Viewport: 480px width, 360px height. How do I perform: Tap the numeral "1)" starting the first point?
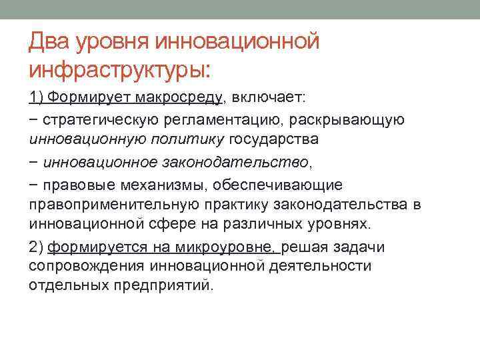coord(37,98)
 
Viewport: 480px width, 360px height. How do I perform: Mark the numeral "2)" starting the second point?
coord(37,247)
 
